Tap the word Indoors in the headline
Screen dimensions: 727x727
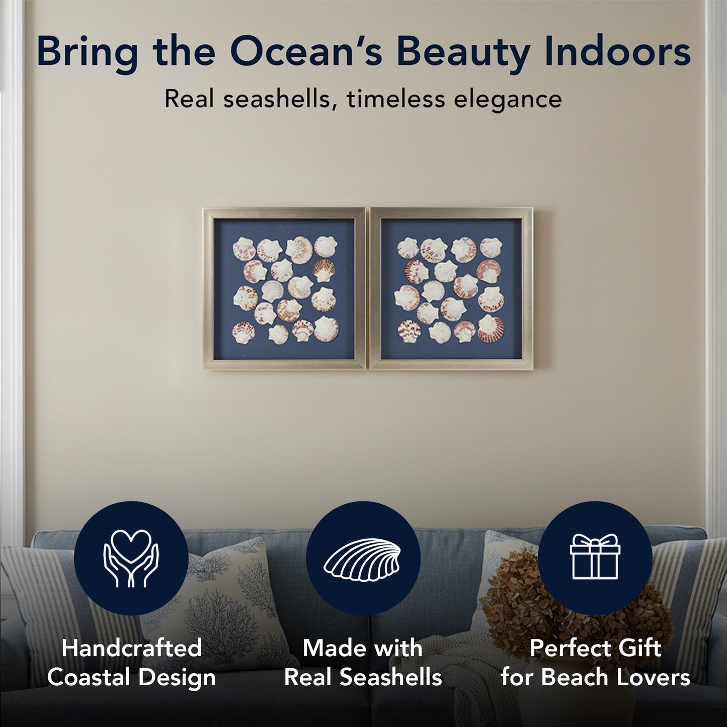click(x=617, y=51)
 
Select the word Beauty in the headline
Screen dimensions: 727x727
click(x=463, y=52)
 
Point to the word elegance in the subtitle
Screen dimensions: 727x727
click(x=508, y=99)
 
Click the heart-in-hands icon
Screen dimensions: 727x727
click(x=131, y=558)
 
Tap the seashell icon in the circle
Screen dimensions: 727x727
click(x=363, y=559)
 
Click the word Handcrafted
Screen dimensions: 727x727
click(x=132, y=648)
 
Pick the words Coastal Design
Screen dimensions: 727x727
click(x=132, y=677)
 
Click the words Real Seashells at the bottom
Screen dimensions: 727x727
click(x=363, y=677)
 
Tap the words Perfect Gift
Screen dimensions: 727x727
click(x=595, y=648)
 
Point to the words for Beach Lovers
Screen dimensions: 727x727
click(x=595, y=677)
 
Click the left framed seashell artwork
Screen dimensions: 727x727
click(x=284, y=289)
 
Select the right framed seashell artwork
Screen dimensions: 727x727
click(x=451, y=289)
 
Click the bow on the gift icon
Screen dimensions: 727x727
click(x=595, y=542)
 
